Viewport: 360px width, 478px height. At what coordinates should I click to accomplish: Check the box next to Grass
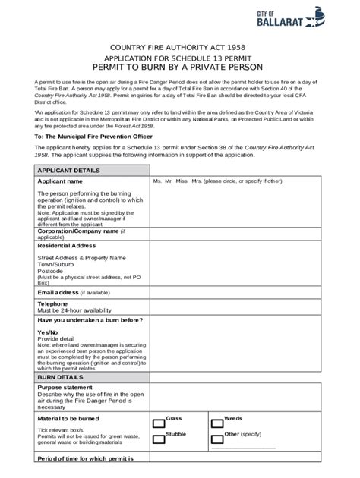(159, 422)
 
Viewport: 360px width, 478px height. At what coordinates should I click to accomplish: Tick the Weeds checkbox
(217, 422)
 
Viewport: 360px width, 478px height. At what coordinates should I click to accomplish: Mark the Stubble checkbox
(159, 438)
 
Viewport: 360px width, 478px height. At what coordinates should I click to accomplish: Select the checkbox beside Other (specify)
(217, 438)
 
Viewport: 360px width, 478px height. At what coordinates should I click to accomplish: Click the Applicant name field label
(60, 182)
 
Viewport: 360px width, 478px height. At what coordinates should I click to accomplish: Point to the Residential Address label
(67, 246)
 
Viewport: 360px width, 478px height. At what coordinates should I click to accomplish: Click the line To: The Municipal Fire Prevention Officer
(94, 135)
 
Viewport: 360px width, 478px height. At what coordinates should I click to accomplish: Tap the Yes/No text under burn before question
(48, 332)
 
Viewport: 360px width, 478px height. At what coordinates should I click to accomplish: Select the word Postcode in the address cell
(50, 271)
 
